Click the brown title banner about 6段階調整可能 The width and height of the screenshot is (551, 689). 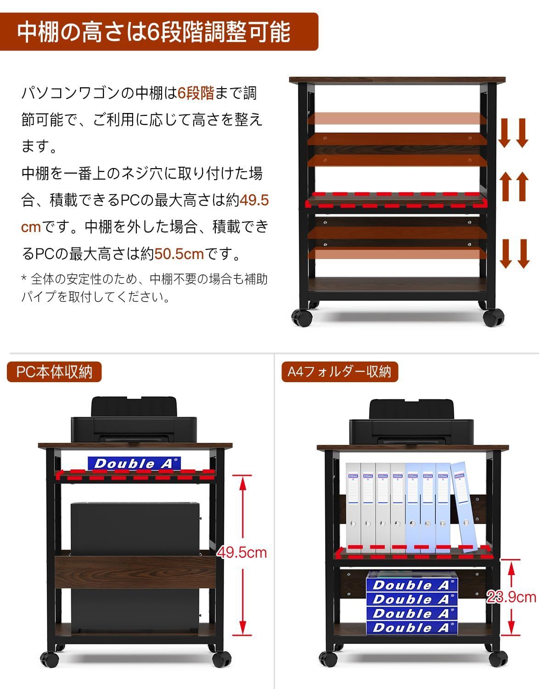[x=158, y=31]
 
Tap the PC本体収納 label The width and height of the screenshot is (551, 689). [x=54, y=372]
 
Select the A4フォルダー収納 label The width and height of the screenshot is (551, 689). [x=339, y=372]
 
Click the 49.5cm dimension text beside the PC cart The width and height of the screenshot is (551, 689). [x=242, y=552]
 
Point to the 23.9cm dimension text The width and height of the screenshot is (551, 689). [x=512, y=597]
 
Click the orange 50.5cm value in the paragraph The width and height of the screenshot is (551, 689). [x=179, y=253]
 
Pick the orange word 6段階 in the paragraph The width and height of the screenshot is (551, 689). [x=196, y=93]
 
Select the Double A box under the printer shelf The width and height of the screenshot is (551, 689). [x=134, y=463]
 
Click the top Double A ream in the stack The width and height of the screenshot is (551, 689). [x=412, y=584]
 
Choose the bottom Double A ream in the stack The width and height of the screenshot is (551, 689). [x=412, y=627]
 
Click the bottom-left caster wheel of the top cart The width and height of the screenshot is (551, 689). [x=301, y=317]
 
